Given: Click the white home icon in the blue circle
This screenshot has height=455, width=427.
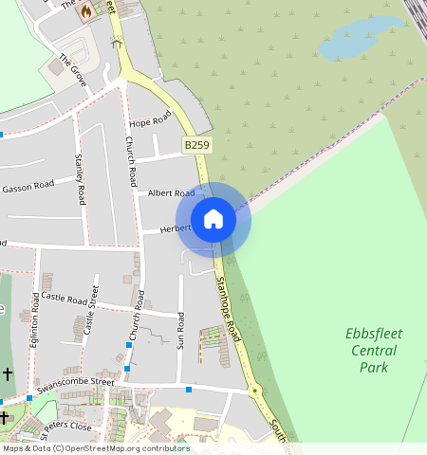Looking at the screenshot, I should (213, 219).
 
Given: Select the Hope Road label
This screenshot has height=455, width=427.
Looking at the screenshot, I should (150, 119).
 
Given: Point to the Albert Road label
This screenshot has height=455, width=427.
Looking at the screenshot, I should (171, 192).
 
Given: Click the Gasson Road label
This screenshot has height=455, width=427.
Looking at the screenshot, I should (28, 187).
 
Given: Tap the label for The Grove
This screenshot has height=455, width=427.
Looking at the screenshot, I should (73, 70).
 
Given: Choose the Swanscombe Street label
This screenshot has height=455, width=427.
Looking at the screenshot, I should (75, 387).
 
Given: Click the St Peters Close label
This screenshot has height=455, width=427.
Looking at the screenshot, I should (66, 427).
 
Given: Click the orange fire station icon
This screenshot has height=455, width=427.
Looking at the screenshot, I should (87, 11).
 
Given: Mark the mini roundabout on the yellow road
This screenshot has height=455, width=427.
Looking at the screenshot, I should (253, 391).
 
